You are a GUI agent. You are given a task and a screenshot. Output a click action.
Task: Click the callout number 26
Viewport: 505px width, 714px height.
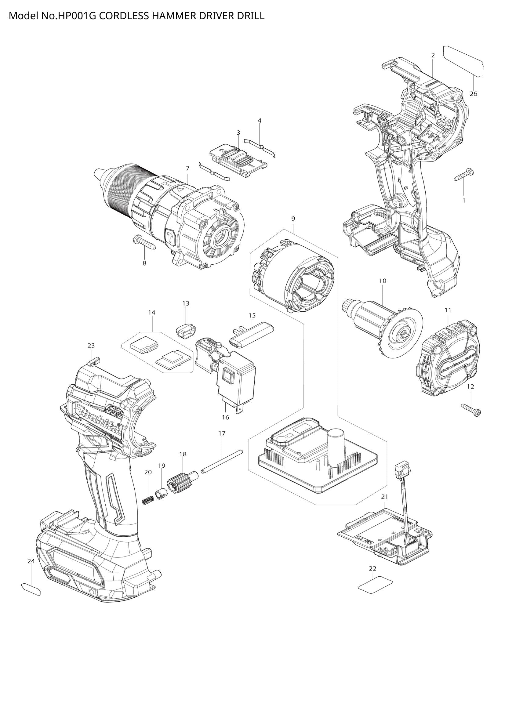tap(473, 94)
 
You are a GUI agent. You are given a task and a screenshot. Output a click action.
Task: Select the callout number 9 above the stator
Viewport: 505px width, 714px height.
tap(293, 219)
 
